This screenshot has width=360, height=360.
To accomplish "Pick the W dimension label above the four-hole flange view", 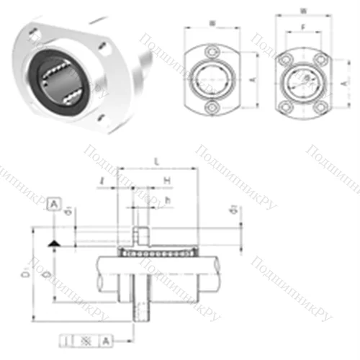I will [x=302, y=10].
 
